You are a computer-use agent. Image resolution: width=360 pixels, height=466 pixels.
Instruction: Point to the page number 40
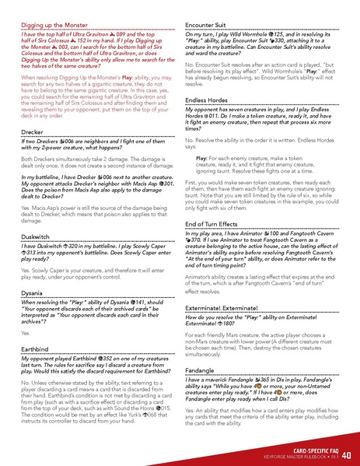point(346,456)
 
